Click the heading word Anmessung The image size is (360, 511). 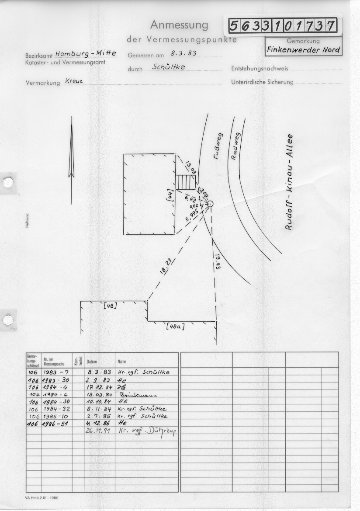point(179,25)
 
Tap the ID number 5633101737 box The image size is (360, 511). point(283,26)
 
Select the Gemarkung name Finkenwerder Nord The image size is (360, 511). point(304,49)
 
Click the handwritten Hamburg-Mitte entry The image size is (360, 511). point(86,54)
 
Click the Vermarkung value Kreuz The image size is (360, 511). point(74,81)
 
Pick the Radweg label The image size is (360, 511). point(235,146)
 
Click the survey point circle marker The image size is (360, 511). point(210,204)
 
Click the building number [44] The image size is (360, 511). point(170,194)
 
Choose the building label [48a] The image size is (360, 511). point(175,326)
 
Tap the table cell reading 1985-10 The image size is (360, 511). point(55,416)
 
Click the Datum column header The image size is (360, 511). point(92,362)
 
